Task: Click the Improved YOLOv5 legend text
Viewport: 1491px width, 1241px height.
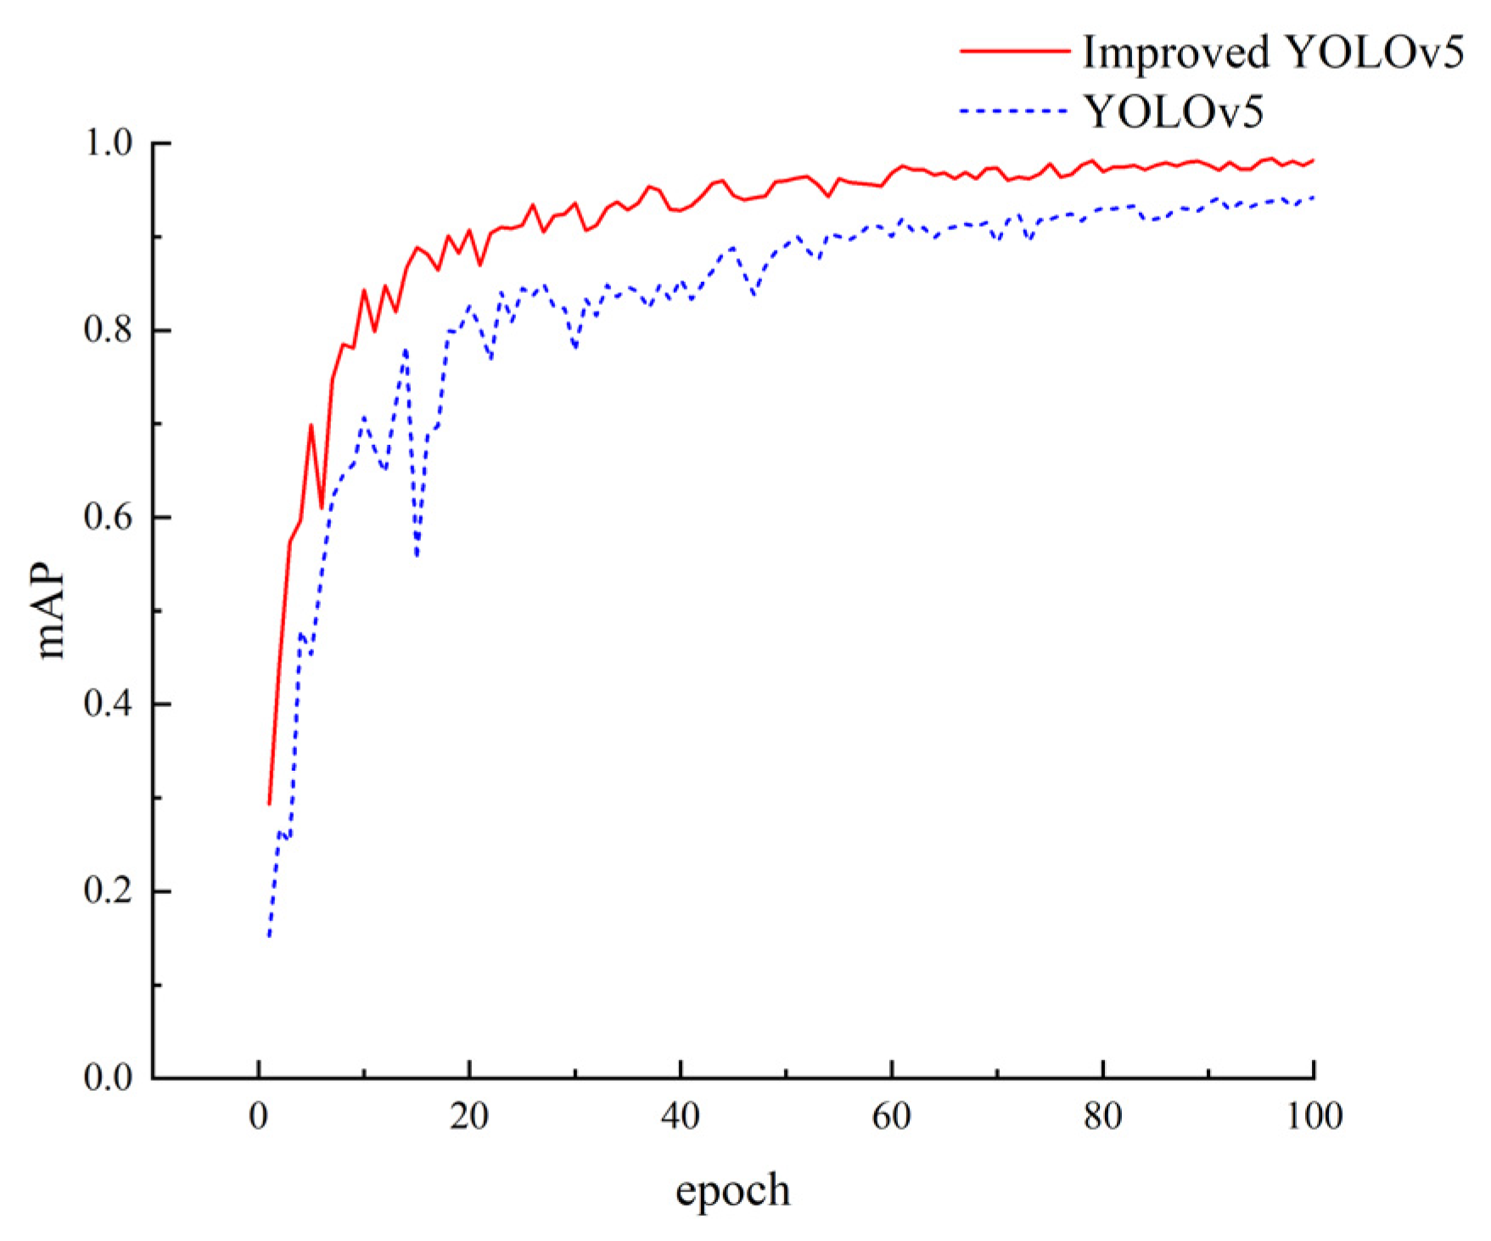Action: click(x=1273, y=53)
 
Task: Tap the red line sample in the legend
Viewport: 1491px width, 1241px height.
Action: click(x=1015, y=52)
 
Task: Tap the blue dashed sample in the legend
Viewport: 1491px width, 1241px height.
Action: click(x=1015, y=110)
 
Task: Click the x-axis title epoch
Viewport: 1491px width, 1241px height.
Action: click(x=732, y=1190)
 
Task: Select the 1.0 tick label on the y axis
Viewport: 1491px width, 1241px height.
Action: click(x=109, y=143)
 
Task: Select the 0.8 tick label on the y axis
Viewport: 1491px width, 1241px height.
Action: click(x=109, y=330)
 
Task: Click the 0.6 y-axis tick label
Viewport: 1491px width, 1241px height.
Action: click(x=109, y=517)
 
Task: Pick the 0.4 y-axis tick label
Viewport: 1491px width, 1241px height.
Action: click(x=109, y=705)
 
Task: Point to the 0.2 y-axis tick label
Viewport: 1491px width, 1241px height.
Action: click(x=109, y=891)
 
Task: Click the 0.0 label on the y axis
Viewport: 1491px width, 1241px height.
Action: click(x=109, y=1078)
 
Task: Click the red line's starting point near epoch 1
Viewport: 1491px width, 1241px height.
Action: click(x=269, y=803)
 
